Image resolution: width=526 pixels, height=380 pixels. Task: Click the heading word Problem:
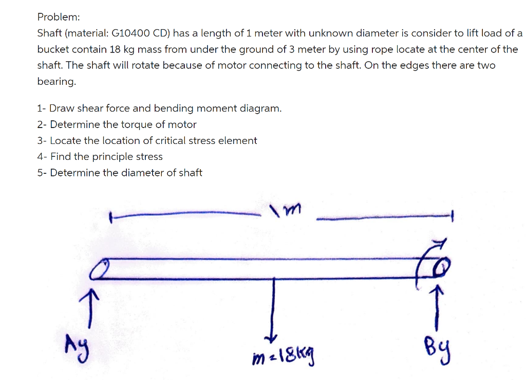tap(58, 17)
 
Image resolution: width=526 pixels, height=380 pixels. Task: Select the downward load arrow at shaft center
tap(273, 309)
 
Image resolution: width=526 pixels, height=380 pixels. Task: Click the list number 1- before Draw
tap(42, 108)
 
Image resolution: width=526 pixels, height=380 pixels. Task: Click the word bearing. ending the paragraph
tap(57, 81)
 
